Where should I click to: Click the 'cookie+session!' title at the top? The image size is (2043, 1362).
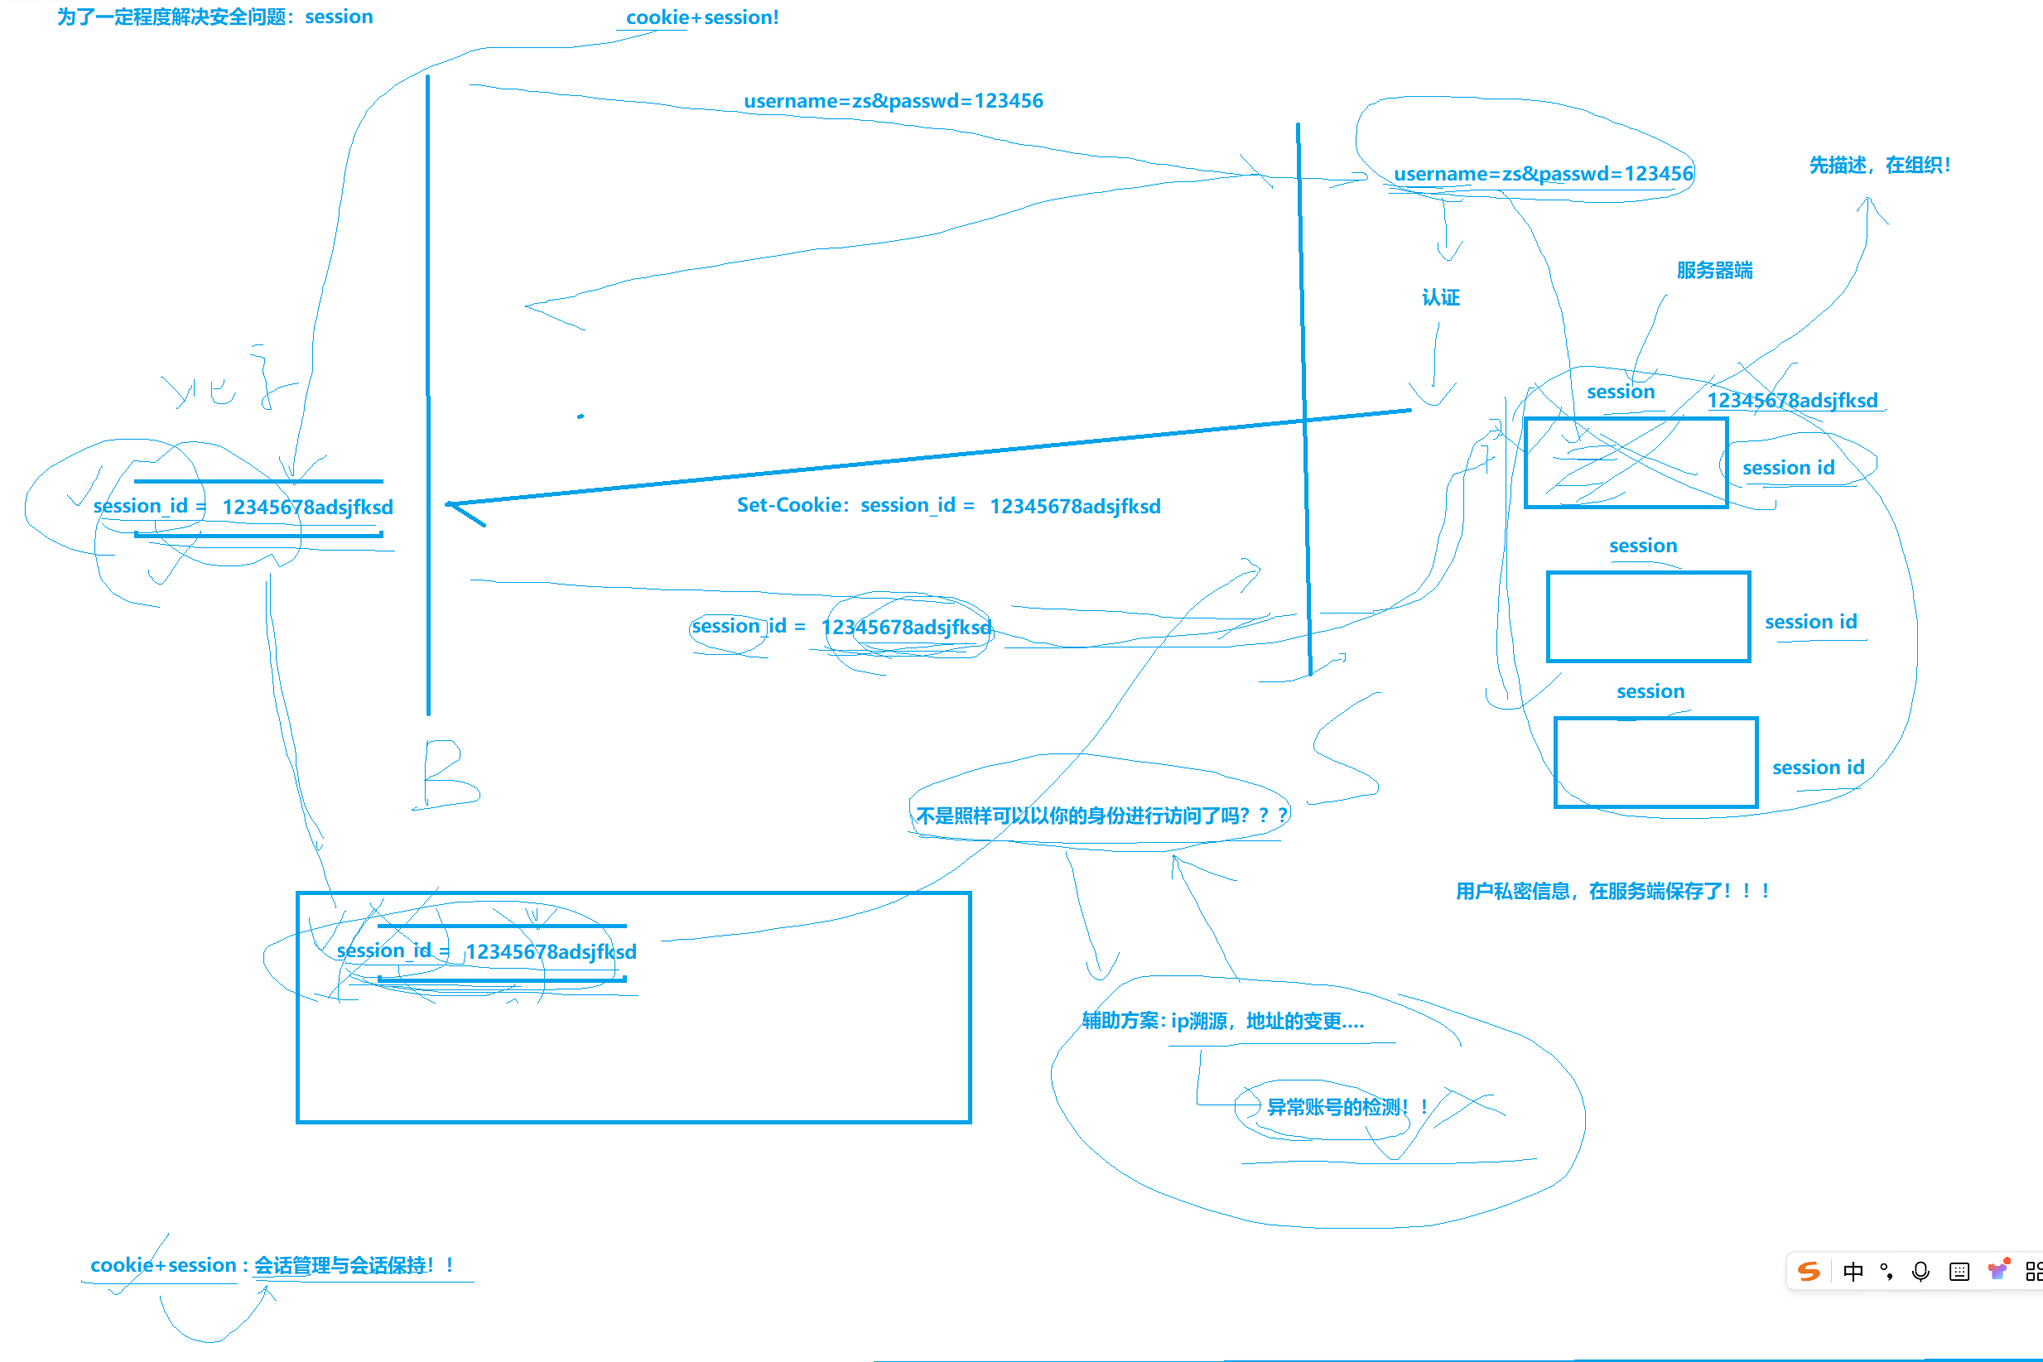[x=702, y=17]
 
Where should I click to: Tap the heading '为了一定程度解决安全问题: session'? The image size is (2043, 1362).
[x=214, y=17]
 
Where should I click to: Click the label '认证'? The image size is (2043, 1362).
[x=1440, y=298]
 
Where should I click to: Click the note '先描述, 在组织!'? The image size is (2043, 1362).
[x=1880, y=165]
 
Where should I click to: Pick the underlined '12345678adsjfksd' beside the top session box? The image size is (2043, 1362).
[x=1792, y=401]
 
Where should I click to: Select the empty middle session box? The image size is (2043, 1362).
[x=1648, y=617]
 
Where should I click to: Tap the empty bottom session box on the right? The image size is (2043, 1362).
[x=1655, y=763]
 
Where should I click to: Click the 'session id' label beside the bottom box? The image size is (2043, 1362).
[x=1818, y=768]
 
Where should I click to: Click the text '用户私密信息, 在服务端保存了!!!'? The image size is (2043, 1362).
[x=1612, y=891]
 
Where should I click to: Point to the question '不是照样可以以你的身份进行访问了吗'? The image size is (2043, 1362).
[x=1099, y=816]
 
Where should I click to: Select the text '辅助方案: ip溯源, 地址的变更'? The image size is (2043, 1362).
[x=1222, y=1022]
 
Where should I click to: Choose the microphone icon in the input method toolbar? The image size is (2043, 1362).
[x=1920, y=1272]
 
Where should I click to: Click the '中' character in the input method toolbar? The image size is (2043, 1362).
[x=1853, y=1272]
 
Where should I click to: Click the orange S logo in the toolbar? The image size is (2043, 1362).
[x=1809, y=1272]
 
